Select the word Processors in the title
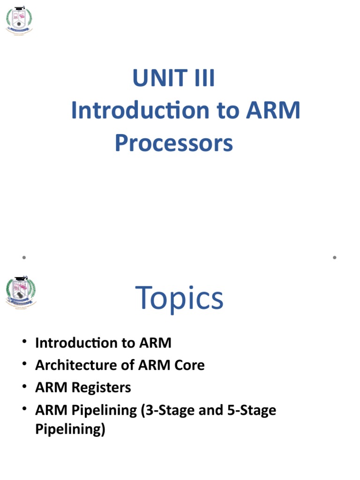[174, 143]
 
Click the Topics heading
[180, 298]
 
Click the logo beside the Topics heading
[21, 292]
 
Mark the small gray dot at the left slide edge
[22, 257]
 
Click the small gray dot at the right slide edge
[335, 257]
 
